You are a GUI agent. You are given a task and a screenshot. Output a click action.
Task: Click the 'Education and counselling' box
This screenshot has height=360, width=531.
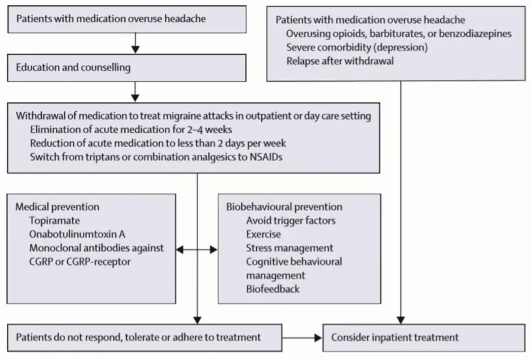(127, 68)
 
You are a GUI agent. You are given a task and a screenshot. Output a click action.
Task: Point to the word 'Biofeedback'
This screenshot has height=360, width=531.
(273, 289)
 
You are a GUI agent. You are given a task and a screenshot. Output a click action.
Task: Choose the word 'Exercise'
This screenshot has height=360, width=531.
(263, 234)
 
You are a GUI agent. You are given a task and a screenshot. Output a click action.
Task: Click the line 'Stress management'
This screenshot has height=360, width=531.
(289, 248)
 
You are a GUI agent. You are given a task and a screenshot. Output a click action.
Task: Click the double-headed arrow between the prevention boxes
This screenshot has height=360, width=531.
(197, 248)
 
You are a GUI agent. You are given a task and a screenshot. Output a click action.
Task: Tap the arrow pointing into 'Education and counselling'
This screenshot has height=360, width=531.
(135, 46)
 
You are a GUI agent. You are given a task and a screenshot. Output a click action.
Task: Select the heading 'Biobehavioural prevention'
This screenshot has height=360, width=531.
(284, 207)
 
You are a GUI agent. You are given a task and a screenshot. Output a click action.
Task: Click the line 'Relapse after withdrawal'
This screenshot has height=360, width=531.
(339, 61)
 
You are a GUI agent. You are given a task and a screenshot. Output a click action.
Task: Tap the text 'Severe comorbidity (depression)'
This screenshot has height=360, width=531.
(357, 47)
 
